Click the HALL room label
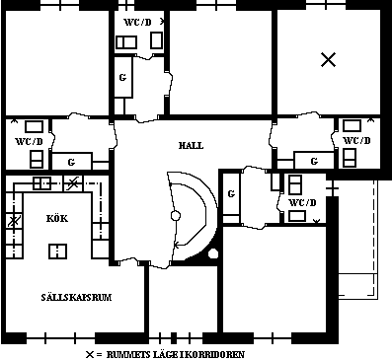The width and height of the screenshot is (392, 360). point(191,145)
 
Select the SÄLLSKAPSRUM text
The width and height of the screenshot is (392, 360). point(69,296)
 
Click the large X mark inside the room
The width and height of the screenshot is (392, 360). point(329,60)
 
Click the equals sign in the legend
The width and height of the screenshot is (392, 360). point(101,352)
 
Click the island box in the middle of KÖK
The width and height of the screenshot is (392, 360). point(58,250)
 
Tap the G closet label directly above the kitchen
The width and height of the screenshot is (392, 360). point(71,162)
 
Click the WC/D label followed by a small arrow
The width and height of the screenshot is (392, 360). point(137,21)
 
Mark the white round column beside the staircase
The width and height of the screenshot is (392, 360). point(213,257)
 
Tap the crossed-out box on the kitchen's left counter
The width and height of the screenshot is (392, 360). point(13,221)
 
